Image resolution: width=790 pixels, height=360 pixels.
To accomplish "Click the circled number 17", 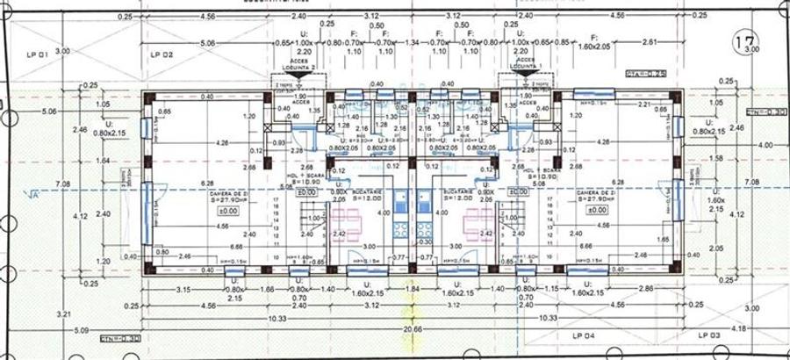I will (x=747, y=41).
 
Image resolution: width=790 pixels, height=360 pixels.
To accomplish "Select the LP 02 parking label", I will (x=161, y=54).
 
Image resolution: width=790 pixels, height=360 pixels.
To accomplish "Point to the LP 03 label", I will (x=708, y=335).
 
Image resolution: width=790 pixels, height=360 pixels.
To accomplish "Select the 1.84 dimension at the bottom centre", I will (x=412, y=289).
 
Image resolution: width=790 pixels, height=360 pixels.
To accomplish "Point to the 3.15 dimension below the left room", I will (x=183, y=289).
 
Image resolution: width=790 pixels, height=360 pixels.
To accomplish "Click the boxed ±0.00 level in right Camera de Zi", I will (x=597, y=211).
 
